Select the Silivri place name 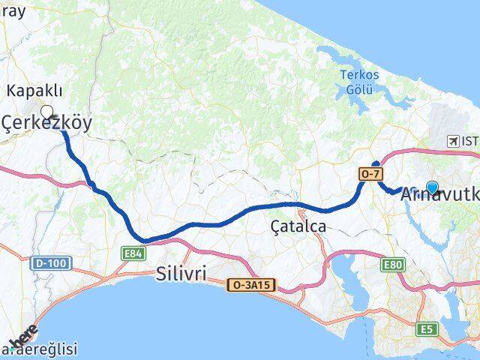coord(181,273)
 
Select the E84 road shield coord(133,254)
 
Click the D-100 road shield coord(49,263)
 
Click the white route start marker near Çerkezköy coord(47,112)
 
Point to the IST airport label coord(470,141)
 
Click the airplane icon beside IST coord(453,141)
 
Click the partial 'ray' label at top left coord(13,10)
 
